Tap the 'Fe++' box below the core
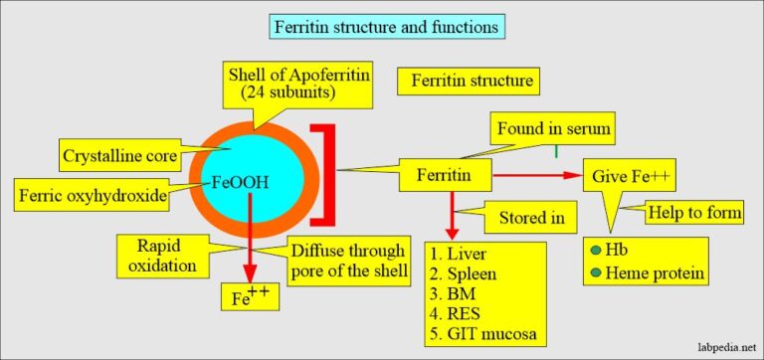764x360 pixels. [x=248, y=295]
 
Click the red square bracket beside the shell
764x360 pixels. [x=325, y=175]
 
